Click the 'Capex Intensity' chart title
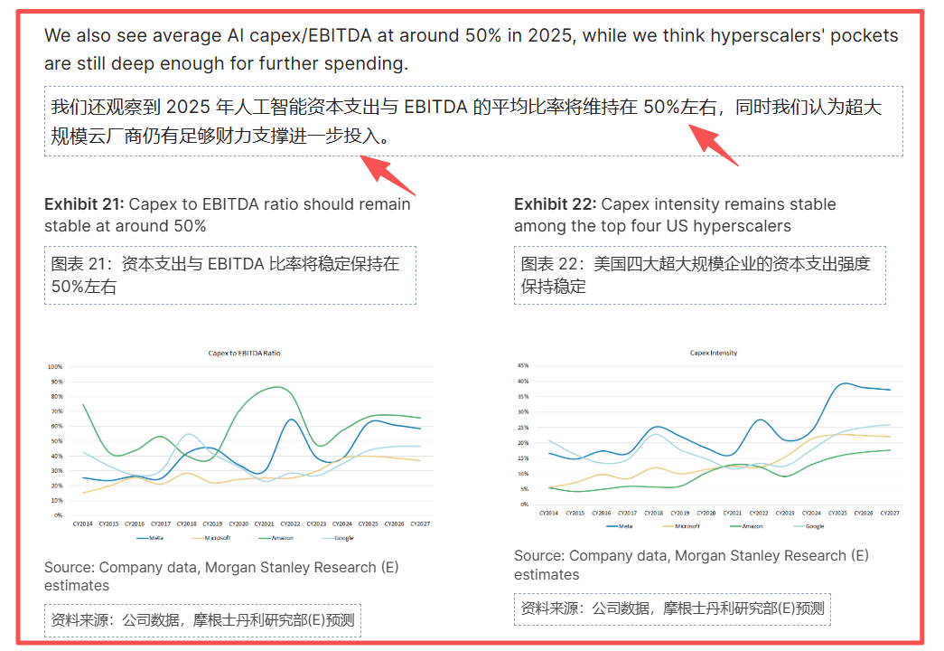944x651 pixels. pos(714,353)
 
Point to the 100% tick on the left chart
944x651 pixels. pos(55,367)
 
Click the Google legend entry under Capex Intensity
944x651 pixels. pos(811,525)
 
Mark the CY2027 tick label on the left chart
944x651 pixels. pos(420,524)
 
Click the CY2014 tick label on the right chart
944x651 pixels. pos(548,513)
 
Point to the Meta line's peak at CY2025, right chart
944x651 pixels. pos(845,383)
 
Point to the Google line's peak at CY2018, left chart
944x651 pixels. pos(188,435)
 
